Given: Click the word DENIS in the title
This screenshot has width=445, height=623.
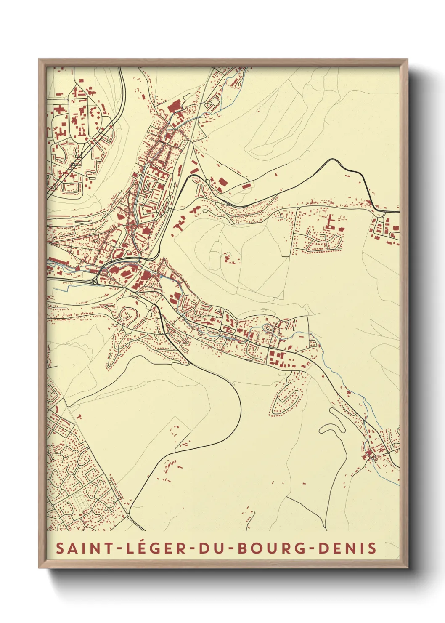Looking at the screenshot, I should pyautogui.click(x=347, y=548).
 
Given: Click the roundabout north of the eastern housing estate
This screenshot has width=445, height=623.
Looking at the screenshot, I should pyautogui.click(x=298, y=208).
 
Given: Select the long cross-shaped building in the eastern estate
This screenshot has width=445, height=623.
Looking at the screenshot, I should pyautogui.click(x=331, y=222).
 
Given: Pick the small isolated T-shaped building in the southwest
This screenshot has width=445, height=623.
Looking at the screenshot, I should pyautogui.click(x=79, y=417).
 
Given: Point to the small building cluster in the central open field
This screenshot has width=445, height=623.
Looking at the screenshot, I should pyautogui.click(x=229, y=258).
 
